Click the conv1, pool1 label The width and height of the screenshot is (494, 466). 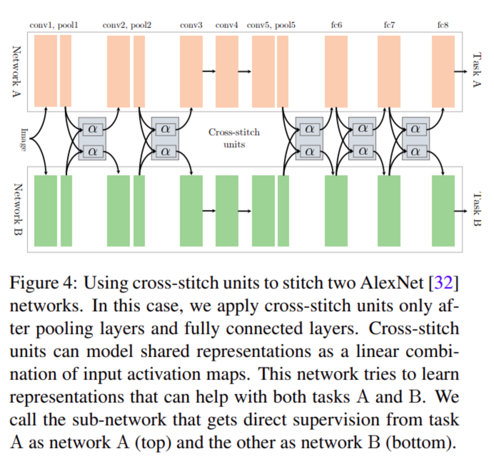[x=54, y=25]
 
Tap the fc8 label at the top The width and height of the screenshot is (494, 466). [x=443, y=25]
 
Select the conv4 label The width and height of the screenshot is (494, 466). [x=227, y=25]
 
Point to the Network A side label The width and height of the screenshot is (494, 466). [x=16, y=71]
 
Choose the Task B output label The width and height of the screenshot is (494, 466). [x=477, y=209]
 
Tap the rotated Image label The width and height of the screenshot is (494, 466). [x=24, y=140]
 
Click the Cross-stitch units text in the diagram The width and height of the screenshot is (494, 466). [x=234, y=138]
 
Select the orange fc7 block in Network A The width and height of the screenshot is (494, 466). [x=389, y=71]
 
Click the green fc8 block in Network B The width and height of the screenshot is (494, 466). [x=443, y=211]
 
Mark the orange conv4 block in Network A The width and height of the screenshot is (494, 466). [x=227, y=71]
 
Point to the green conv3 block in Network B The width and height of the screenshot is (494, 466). [x=191, y=211]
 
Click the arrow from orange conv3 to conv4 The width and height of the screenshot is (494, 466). [x=209, y=71]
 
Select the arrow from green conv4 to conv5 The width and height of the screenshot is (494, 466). [x=245, y=211]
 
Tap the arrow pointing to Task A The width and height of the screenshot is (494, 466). [x=461, y=72]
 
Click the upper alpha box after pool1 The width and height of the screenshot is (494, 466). [x=92, y=129]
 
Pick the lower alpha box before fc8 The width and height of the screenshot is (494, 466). [x=415, y=152]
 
